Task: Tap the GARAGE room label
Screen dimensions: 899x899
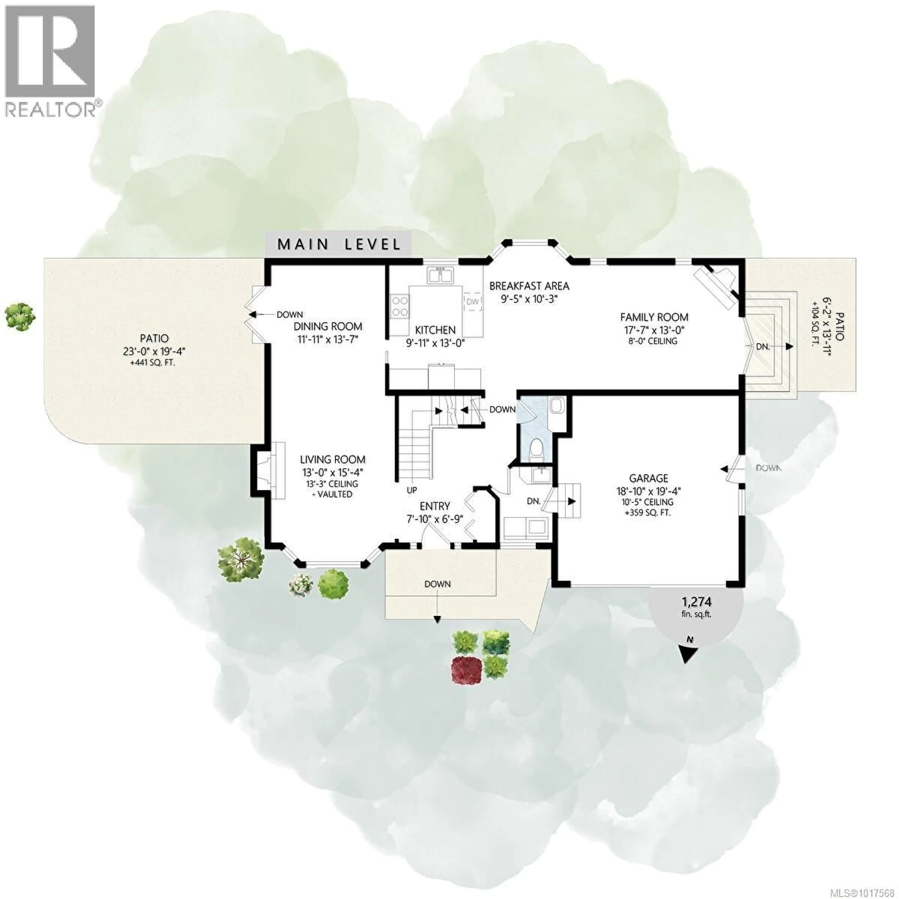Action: coord(648,478)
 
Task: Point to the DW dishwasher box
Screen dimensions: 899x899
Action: coord(472,302)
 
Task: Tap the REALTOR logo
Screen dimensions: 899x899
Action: coord(51,60)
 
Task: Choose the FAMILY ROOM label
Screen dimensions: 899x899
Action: coord(654,317)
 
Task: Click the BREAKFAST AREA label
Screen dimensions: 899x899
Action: coord(529,286)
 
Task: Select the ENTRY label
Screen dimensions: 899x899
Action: coord(435,506)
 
